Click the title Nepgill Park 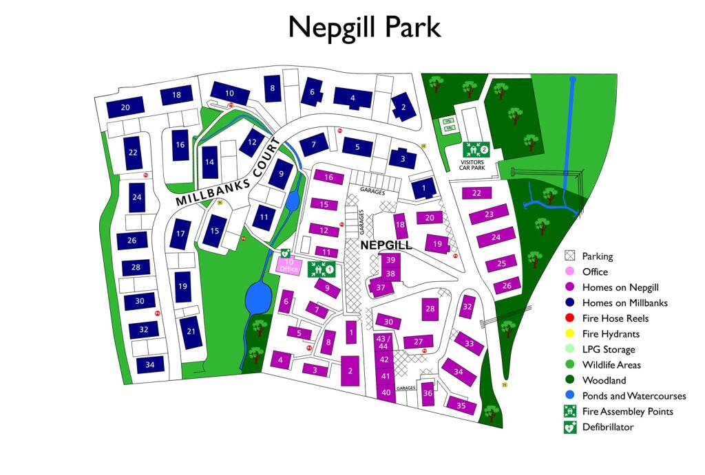tap(364, 27)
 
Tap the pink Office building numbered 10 tap(289, 264)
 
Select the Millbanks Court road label tap(229, 173)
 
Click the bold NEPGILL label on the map tap(386, 245)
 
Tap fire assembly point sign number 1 tap(321, 269)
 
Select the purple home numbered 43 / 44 tap(385, 342)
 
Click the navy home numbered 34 tap(150, 364)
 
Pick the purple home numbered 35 tap(461, 405)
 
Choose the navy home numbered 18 tap(177, 96)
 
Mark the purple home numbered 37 tap(379, 287)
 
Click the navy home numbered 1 tap(424, 188)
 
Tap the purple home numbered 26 tap(507, 285)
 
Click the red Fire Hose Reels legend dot tap(570, 318)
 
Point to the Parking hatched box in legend tap(570, 256)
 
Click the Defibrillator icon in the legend tap(570, 427)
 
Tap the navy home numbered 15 tap(215, 230)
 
